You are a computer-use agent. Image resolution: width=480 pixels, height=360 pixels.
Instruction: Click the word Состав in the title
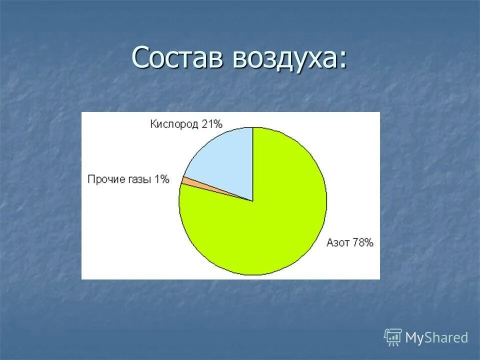(x=177, y=58)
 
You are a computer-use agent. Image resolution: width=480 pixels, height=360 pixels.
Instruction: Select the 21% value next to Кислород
(x=212, y=124)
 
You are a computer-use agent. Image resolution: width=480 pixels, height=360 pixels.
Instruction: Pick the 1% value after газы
(x=161, y=179)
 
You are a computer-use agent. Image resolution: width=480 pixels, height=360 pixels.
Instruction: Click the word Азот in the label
(x=338, y=243)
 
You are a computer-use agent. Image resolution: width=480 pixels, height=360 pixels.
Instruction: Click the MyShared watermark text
(x=436, y=338)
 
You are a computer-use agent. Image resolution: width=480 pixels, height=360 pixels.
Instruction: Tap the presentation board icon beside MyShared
(x=393, y=337)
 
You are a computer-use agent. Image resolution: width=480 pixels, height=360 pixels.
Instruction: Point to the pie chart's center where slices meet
(x=252, y=201)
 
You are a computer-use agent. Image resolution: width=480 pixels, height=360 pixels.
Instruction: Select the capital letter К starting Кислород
(x=153, y=124)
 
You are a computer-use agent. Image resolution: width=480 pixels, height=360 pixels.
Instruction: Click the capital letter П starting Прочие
(x=91, y=179)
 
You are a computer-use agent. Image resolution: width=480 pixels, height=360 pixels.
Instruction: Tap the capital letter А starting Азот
(x=330, y=243)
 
